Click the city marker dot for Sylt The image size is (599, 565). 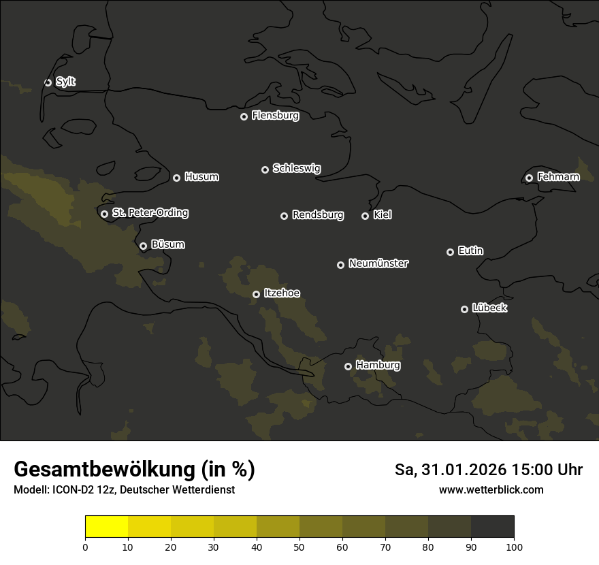(48, 82)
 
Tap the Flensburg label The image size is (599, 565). (275, 116)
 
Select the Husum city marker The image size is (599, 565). (176, 178)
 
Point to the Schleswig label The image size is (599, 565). (296, 168)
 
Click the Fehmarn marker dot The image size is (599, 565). (529, 178)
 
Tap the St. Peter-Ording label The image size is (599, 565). (150, 213)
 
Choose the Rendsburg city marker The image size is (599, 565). (284, 216)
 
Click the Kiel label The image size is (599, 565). (382, 215)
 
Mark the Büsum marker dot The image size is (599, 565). (143, 246)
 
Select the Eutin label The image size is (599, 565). (470, 251)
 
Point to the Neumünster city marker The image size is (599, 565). (340, 265)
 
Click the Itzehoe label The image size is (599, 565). (282, 293)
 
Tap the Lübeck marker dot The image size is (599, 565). (464, 309)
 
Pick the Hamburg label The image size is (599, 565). (378, 366)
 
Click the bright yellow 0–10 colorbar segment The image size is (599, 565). (106, 527)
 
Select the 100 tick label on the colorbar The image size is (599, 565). (514, 547)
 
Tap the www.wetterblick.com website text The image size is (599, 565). (491, 489)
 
